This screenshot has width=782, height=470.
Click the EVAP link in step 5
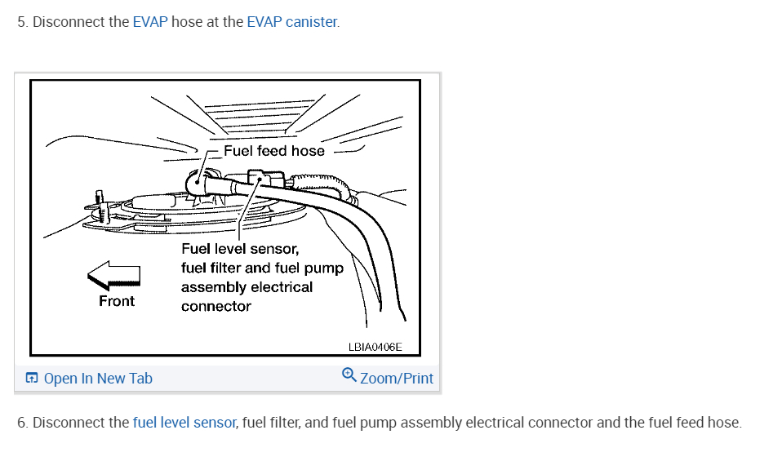point(150,22)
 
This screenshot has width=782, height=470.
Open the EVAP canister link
point(291,22)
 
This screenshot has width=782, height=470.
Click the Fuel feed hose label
point(273,151)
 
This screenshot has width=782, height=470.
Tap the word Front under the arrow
point(116,301)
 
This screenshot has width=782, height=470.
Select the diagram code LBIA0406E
point(375,347)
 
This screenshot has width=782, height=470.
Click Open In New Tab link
point(98,379)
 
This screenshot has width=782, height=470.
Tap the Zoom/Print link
point(397,379)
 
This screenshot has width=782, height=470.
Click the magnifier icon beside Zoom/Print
point(349,375)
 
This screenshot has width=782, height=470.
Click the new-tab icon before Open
point(32,379)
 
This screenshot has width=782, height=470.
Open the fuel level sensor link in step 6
point(184,423)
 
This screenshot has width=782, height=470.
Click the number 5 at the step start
point(21,22)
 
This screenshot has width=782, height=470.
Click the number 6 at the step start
point(21,423)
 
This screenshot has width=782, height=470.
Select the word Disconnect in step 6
point(68,423)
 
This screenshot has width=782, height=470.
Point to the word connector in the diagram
point(215,307)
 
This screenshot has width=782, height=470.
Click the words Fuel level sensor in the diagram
point(240,249)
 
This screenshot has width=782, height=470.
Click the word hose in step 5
point(187,22)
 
